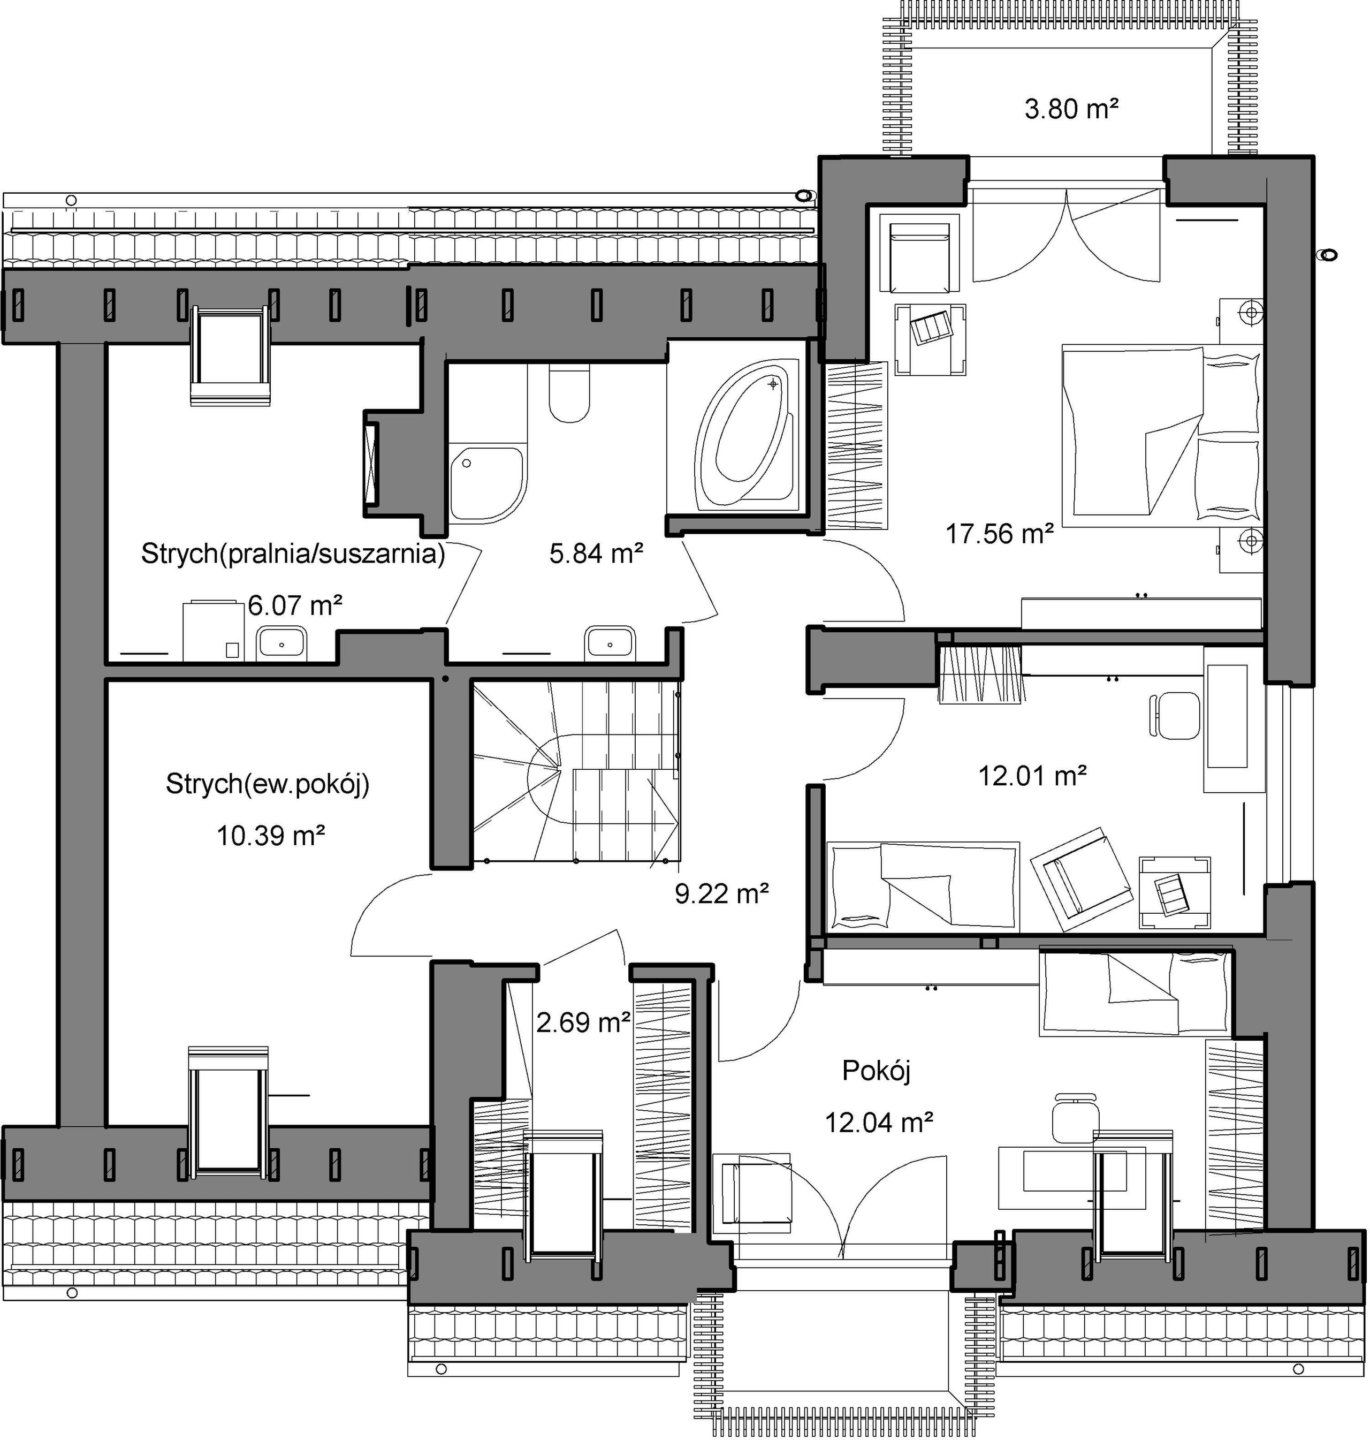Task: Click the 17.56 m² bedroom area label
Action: point(1000,534)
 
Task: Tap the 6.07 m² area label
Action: point(295,605)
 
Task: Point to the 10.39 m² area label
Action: point(270,835)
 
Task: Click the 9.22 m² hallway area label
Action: point(721,893)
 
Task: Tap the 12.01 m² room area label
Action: point(1033,775)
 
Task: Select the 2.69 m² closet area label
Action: point(583,1021)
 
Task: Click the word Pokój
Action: point(877,1071)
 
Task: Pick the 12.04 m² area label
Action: point(879,1121)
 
